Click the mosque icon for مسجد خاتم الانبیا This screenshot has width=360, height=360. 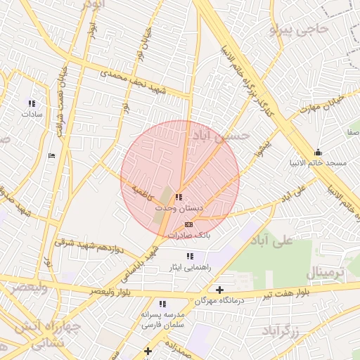(318, 152)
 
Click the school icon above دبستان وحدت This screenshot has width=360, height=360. (179, 198)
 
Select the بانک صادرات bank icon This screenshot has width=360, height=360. (187, 224)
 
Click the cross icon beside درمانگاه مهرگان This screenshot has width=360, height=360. (220, 290)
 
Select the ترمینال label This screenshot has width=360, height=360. (326, 273)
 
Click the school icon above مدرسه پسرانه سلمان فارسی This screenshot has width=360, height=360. (162, 304)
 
